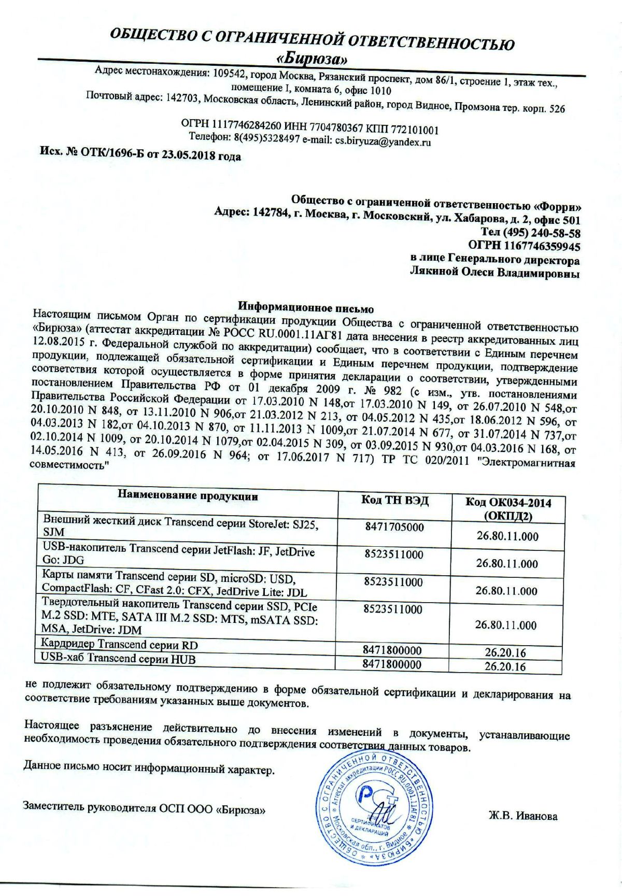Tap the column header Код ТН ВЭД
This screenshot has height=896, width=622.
(x=395, y=500)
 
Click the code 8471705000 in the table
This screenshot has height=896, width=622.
(x=394, y=528)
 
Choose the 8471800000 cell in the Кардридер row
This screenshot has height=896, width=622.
(x=392, y=650)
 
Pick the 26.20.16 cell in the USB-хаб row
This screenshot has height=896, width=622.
(x=505, y=666)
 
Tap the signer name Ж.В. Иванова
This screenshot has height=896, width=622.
(x=523, y=816)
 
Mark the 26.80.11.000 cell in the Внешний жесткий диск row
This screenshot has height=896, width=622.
(x=507, y=536)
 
